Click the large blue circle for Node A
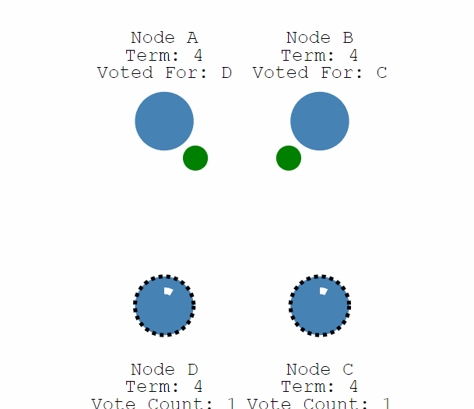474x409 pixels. click(x=164, y=121)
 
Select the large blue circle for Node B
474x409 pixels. click(x=320, y=121)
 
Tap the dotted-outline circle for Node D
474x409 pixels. click(x=164, y=305)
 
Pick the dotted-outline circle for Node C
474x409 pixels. click(x=320, y=305)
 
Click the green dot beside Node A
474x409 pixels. click(x=195, y=158)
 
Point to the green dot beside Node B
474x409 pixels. click(x=289, y=158)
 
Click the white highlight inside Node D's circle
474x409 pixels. click(x=168, y=291)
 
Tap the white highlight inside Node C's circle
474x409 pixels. click(x=324, y=291)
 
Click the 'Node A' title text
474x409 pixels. click(x=164, y=38)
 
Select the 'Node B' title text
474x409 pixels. click(x=320, y=38)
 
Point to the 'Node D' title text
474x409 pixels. click(x=164, y=369)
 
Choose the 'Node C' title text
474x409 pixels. click(x=320, y=369)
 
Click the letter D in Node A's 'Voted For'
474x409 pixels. click(x=226, y=73)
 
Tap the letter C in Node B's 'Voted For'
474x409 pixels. click(x=382, y=73)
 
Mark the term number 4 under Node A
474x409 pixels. click(x=198, y=55)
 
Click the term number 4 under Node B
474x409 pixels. click(x=353, y=55)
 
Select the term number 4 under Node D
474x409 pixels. click(x=198, y=386)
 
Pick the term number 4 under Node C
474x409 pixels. click(x=353, y=386)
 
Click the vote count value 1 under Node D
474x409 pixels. click(x=231, y=404)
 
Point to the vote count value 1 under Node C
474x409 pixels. click(x=387, y=404)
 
